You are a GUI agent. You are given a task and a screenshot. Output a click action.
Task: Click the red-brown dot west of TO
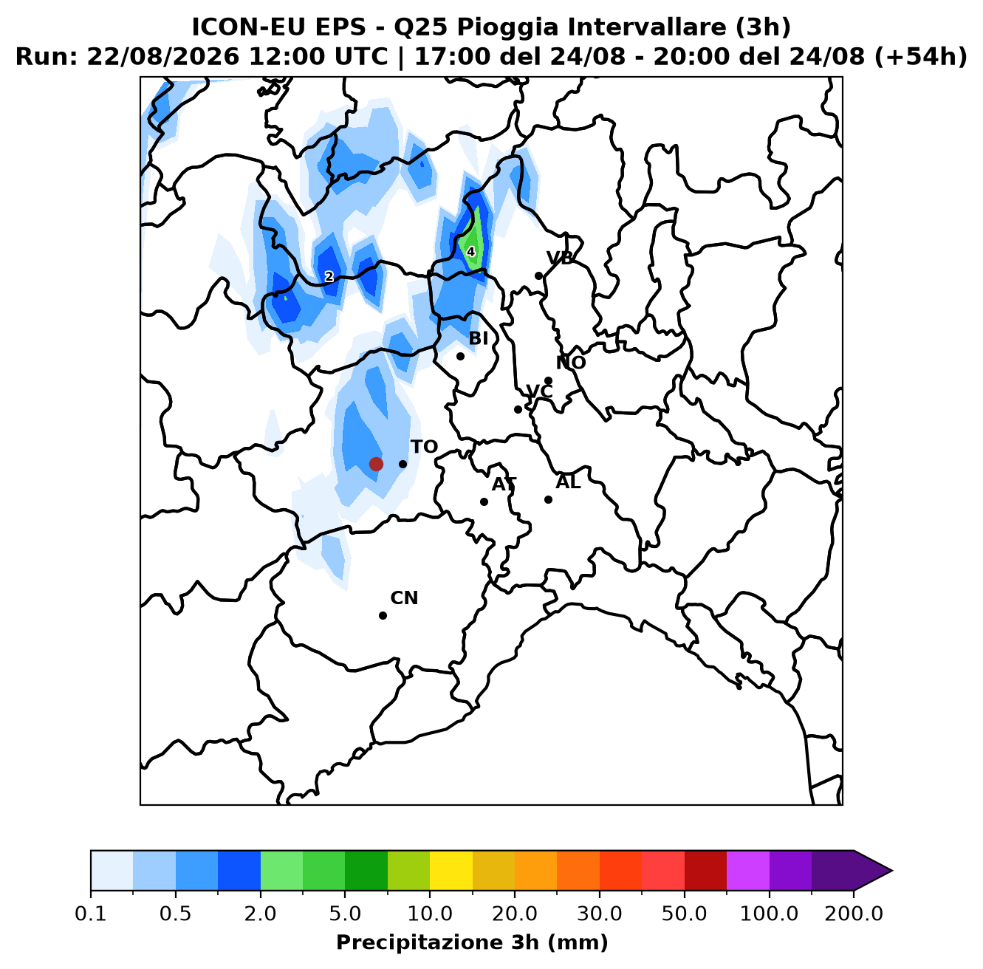376,464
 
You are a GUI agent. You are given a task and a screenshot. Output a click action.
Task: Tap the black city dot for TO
403,464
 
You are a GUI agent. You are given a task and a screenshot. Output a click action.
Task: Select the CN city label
404,598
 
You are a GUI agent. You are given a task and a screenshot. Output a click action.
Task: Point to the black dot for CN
383,615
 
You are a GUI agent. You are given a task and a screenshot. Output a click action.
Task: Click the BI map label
479,338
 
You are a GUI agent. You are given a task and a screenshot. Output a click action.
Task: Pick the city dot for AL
548,499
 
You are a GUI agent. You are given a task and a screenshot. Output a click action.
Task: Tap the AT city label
504,484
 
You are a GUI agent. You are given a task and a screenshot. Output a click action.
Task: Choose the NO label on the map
571,363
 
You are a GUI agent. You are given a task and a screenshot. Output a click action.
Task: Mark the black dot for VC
518,409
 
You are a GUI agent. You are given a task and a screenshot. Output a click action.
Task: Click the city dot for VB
538,275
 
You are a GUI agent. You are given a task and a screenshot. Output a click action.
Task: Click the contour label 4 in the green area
470,252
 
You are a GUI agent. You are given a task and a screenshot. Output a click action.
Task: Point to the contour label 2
329,276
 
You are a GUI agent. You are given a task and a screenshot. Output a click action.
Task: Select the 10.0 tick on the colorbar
430,914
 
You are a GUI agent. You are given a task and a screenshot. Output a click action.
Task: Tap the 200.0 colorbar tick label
854,914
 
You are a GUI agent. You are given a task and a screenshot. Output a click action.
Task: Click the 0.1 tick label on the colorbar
91,914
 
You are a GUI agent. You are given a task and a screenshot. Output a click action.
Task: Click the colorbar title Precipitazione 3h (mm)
472,942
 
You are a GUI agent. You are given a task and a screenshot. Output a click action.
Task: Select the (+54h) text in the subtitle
921,57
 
